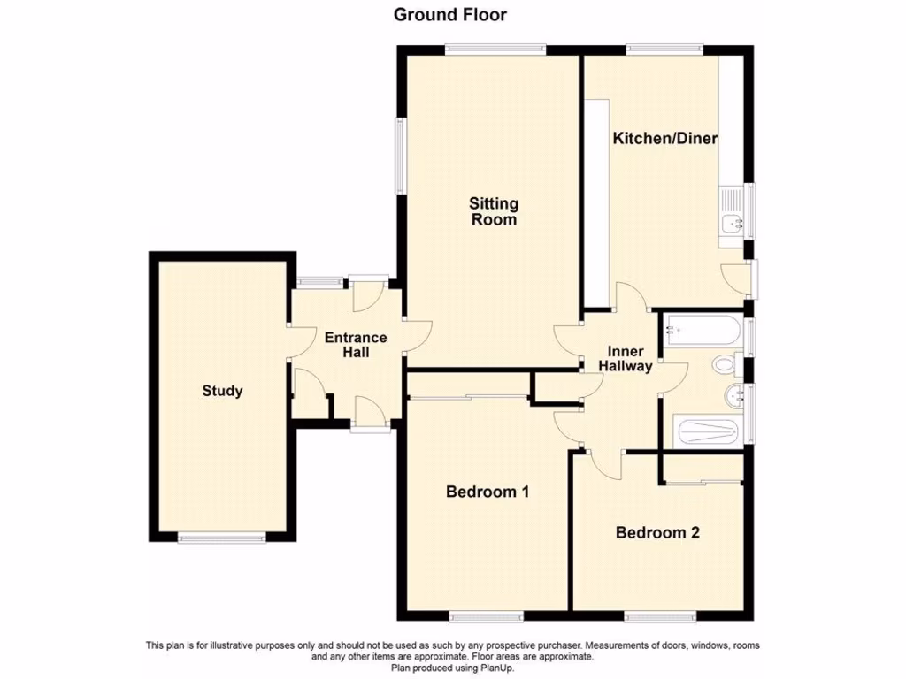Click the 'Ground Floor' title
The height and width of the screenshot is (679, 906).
pos(449,14)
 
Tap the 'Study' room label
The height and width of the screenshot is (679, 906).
pos(222,391)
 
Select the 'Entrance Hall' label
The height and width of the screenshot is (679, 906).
pos(356,345)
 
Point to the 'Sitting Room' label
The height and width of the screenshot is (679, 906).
pos(494,212)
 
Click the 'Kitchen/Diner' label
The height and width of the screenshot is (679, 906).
pos(665,139)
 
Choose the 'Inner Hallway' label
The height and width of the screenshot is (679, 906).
pos(626,359)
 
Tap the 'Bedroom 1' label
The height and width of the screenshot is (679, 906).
pos(488,492)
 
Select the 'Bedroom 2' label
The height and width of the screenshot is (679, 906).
pos(657,532)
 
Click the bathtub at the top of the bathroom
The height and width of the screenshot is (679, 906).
pos(703,330)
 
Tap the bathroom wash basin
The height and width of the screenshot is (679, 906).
pos(733,395)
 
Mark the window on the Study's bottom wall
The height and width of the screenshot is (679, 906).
pos(220,537)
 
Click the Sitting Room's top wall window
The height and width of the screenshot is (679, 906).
pos(495,50)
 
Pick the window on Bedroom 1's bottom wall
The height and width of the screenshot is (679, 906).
pos(485,614)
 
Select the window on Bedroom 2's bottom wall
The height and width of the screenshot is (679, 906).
pos(659,614)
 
